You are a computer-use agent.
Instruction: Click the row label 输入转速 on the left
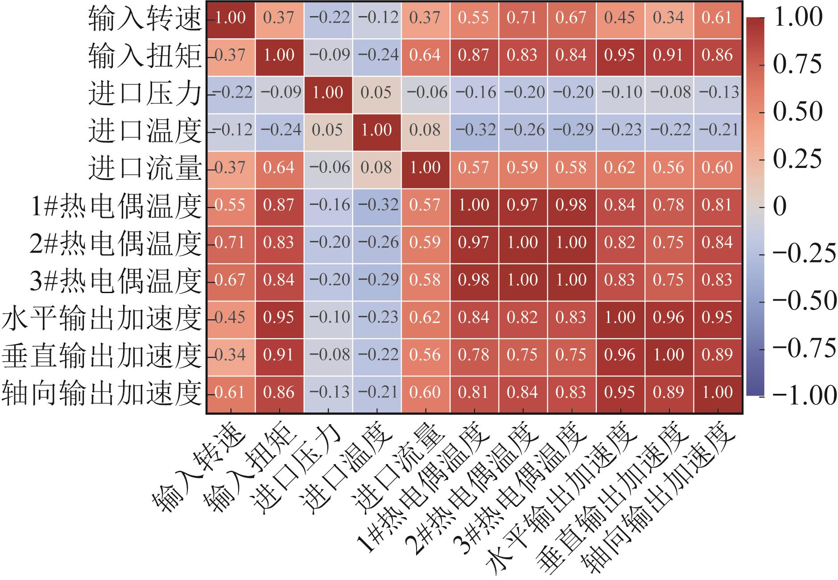point(145,19)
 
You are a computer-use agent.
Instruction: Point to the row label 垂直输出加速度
point(102,355)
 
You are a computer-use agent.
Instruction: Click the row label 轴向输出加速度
point(102,393)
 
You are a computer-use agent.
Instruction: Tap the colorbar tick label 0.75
point(797,65)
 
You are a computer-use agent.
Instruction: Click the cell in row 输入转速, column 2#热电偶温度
point(523,18)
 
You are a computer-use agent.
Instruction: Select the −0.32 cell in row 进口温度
point(474,130)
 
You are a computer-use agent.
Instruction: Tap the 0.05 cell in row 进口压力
point(376,93)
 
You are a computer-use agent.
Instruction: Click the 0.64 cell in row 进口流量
point(279,167)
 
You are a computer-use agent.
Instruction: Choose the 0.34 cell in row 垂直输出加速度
point(231,355)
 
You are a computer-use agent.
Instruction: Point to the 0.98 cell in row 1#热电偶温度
point(572,205)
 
